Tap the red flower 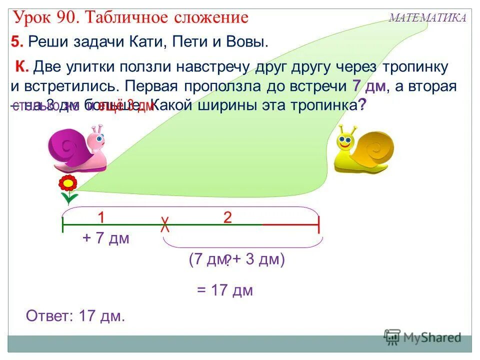click(67, 184)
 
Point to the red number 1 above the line click(101, 217)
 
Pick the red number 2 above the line click(227, 217)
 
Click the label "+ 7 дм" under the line click(106, 238)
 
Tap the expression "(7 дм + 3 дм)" click(236, 259)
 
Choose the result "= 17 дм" click(224, 290)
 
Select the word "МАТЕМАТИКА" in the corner click(427, 18)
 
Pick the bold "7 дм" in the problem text click(368, 85)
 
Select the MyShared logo click(423, 337)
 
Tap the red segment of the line click(290, 225)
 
